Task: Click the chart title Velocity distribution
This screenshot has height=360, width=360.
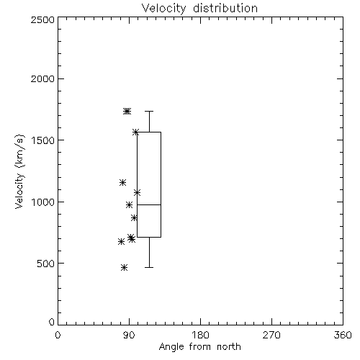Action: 199,9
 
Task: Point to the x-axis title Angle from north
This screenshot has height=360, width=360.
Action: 199,346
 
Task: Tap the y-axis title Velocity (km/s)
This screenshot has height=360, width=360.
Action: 19,171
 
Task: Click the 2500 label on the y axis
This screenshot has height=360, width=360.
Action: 42,19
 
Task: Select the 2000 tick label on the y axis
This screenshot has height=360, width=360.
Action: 42,78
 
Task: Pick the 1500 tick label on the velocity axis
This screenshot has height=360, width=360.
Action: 43,140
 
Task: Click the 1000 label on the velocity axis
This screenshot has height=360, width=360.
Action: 43,202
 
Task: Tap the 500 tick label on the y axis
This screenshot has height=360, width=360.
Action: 46,264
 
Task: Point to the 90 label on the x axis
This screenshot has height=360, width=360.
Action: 129,335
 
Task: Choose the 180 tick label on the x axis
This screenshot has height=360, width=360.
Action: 200,335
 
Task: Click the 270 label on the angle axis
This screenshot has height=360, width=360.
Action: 271,335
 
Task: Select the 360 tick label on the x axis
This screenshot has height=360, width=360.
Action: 343,335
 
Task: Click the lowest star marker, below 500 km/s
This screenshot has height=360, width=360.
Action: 124,267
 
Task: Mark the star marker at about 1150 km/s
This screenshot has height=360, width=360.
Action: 122,182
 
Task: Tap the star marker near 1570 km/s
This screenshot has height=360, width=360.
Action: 136,132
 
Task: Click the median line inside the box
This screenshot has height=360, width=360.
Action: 149,204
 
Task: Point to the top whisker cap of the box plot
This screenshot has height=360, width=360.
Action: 149,111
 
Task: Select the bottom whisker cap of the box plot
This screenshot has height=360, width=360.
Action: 149,267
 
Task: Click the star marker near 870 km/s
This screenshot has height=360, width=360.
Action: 134,217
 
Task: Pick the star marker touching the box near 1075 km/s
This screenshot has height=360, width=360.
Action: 137,192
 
